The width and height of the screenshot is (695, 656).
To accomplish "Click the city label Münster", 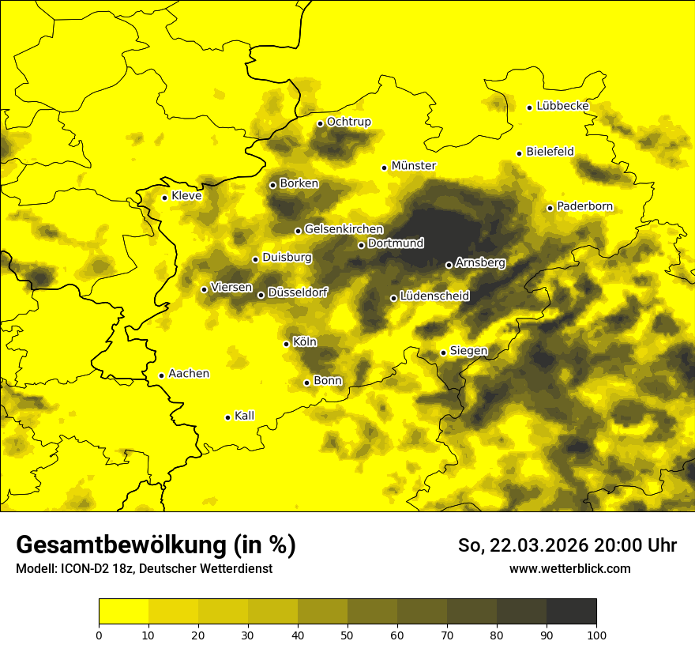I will (414, 166).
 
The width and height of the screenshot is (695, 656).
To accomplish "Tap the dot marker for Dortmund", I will (361, 245).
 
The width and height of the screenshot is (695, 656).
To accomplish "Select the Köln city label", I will (305, 342).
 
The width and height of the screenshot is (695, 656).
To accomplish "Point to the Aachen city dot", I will (161, 375).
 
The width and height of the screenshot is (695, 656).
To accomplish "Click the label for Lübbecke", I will (562, 106).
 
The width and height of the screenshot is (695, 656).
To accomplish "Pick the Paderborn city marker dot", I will (550, 208).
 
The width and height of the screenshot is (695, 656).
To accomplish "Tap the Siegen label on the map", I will (468, 351).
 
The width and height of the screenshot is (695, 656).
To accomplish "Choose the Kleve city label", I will (186, 196).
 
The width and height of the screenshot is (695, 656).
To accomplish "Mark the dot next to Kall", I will (227, 417).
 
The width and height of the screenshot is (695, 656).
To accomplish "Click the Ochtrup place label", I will (349, 122).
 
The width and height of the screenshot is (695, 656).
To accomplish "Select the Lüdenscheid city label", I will (434, 296).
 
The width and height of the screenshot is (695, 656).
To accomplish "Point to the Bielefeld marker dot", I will (519, 153).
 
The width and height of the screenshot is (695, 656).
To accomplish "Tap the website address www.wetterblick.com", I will (570, 568).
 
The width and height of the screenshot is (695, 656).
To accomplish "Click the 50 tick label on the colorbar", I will (347, 635).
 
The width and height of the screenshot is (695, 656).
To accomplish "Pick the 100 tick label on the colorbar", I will (596, 635).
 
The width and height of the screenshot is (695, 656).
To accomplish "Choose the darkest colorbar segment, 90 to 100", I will (571, 612).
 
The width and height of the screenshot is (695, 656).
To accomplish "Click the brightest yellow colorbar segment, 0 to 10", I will (123, 612).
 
